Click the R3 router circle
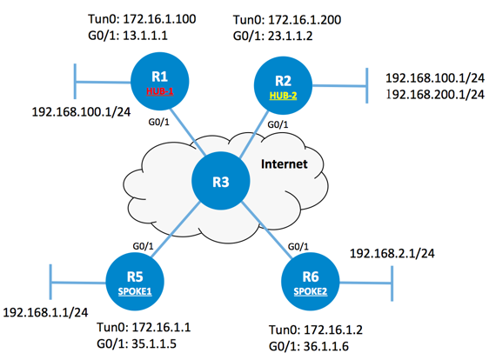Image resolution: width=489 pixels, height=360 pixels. point(220,181)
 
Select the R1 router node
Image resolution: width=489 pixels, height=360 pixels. point(160,82)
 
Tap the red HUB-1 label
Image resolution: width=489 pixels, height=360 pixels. point(160,91)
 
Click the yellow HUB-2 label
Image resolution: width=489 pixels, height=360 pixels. point(283,96)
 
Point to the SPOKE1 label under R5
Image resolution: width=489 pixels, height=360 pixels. point(135,291)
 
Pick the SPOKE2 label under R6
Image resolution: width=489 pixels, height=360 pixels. point(311,291)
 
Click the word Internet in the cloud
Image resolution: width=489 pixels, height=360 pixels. point(285,164)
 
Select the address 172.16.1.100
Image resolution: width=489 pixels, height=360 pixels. point(160,19)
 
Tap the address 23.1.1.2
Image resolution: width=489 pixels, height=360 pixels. point(291,36)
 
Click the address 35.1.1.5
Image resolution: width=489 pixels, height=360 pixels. point(154,343)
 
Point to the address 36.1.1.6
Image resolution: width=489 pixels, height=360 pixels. point(326,346)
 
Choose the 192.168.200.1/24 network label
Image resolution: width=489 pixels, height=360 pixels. point(435,95)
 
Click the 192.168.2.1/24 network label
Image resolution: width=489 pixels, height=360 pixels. point(392,253)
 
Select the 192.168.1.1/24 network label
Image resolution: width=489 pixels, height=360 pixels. point(45,312)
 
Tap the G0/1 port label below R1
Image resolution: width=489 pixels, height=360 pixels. point(158,123)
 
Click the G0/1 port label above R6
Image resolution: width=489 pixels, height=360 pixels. point(298,247)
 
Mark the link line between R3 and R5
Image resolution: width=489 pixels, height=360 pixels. point(176,230)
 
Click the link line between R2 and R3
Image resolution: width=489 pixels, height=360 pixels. point(253,135)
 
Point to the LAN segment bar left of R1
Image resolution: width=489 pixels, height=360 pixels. point(75,82)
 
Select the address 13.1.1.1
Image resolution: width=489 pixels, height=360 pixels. point(145,36)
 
